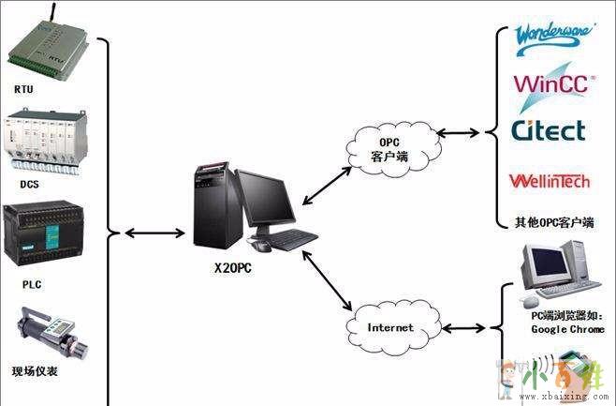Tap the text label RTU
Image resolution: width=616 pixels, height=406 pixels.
pyautogui.click(x=23, y=89)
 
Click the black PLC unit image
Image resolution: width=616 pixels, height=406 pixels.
pyautogui.click(x=48, y=233)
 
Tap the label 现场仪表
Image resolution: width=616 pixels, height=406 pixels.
pyautogui.click(x=35, y=371)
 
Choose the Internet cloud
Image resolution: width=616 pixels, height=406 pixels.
pyautogui.click(x=390, y=328)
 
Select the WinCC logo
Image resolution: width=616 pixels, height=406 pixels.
pyautogui.click(x=550, y=83)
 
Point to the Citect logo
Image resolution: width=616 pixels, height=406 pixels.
pyautogui.click(x=549, y=129)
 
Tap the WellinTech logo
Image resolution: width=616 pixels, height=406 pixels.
pyautogui.click(x=549, y=179)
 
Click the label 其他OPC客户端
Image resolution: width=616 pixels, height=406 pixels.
pyautogui.click(x=553, y=223)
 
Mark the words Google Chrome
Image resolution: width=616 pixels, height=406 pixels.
pyautogui.click(x=567, y=329)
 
